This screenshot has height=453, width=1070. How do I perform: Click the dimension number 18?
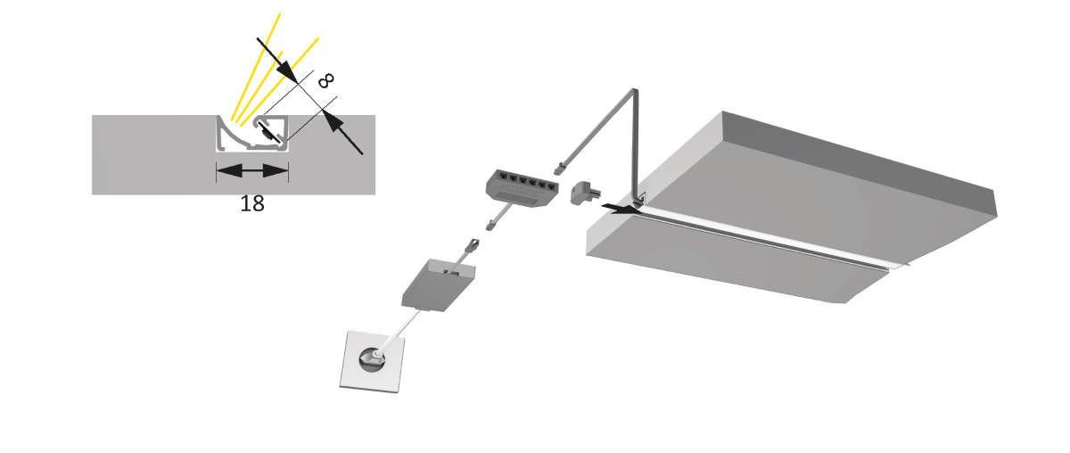(x=251, y=203)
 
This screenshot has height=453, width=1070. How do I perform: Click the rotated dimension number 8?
(x=325, y=81)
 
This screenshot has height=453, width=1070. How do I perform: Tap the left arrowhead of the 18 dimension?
(x=229, y=171)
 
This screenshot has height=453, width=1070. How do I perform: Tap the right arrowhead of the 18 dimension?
(x=276, y=171)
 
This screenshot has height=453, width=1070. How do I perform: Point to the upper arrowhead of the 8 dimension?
(x=285, y=70)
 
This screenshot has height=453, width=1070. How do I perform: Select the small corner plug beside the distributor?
(x=584, y=193)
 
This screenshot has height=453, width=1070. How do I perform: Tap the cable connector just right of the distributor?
(x=560, y=169)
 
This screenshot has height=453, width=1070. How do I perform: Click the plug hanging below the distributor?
(x=491, y=225)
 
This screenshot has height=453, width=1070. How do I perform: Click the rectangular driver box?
(x=438, y=285)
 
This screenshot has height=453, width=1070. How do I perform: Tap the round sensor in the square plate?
(x=372, y=360)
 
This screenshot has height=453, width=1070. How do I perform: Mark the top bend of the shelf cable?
(x=633, y=91)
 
